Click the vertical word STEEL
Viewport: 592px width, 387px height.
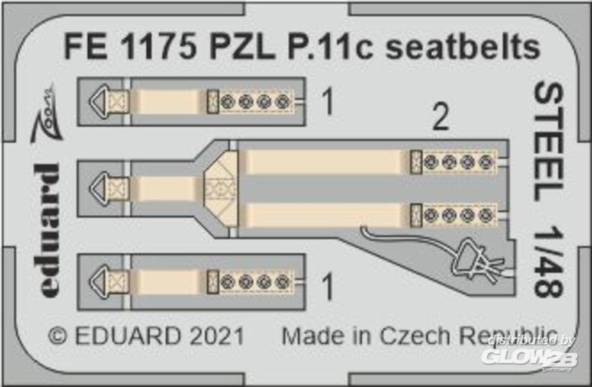[548, 143]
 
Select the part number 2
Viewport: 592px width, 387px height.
[440, 117]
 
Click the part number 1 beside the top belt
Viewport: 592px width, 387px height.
[328, 101]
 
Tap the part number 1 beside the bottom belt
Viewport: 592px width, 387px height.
[328, 287]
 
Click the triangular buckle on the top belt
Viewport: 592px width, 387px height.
[99, 101]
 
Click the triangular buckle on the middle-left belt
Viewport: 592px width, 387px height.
[99, 188]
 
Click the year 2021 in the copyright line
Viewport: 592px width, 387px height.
[217, 336]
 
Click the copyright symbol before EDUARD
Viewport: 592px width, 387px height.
[57, 336]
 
